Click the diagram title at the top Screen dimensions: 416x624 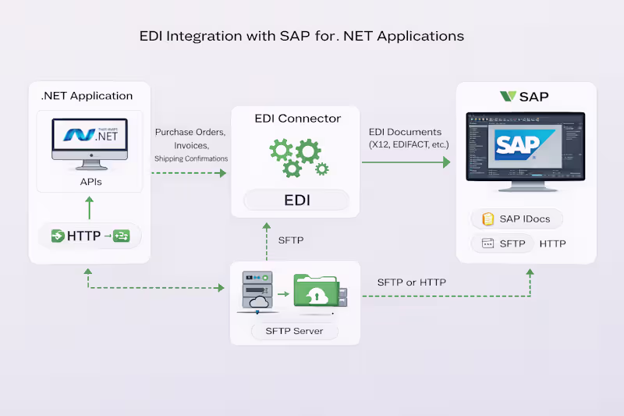(301, 36)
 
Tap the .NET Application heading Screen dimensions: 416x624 (87, 96)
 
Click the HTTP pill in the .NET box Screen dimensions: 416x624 (90, 235)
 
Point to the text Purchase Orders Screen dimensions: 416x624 (190, 132)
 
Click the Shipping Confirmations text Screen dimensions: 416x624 (191, 158)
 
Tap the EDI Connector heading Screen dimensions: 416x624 (298, 119)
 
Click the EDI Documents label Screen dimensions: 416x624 (405, 132)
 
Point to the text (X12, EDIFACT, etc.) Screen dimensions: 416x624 (409, 144)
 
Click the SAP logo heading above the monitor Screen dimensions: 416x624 (524, 97)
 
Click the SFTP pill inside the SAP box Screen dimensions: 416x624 (503, 244)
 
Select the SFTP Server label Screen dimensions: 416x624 (295, 331)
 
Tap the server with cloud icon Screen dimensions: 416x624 (257, 292)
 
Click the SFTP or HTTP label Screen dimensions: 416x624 (412, 282)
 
